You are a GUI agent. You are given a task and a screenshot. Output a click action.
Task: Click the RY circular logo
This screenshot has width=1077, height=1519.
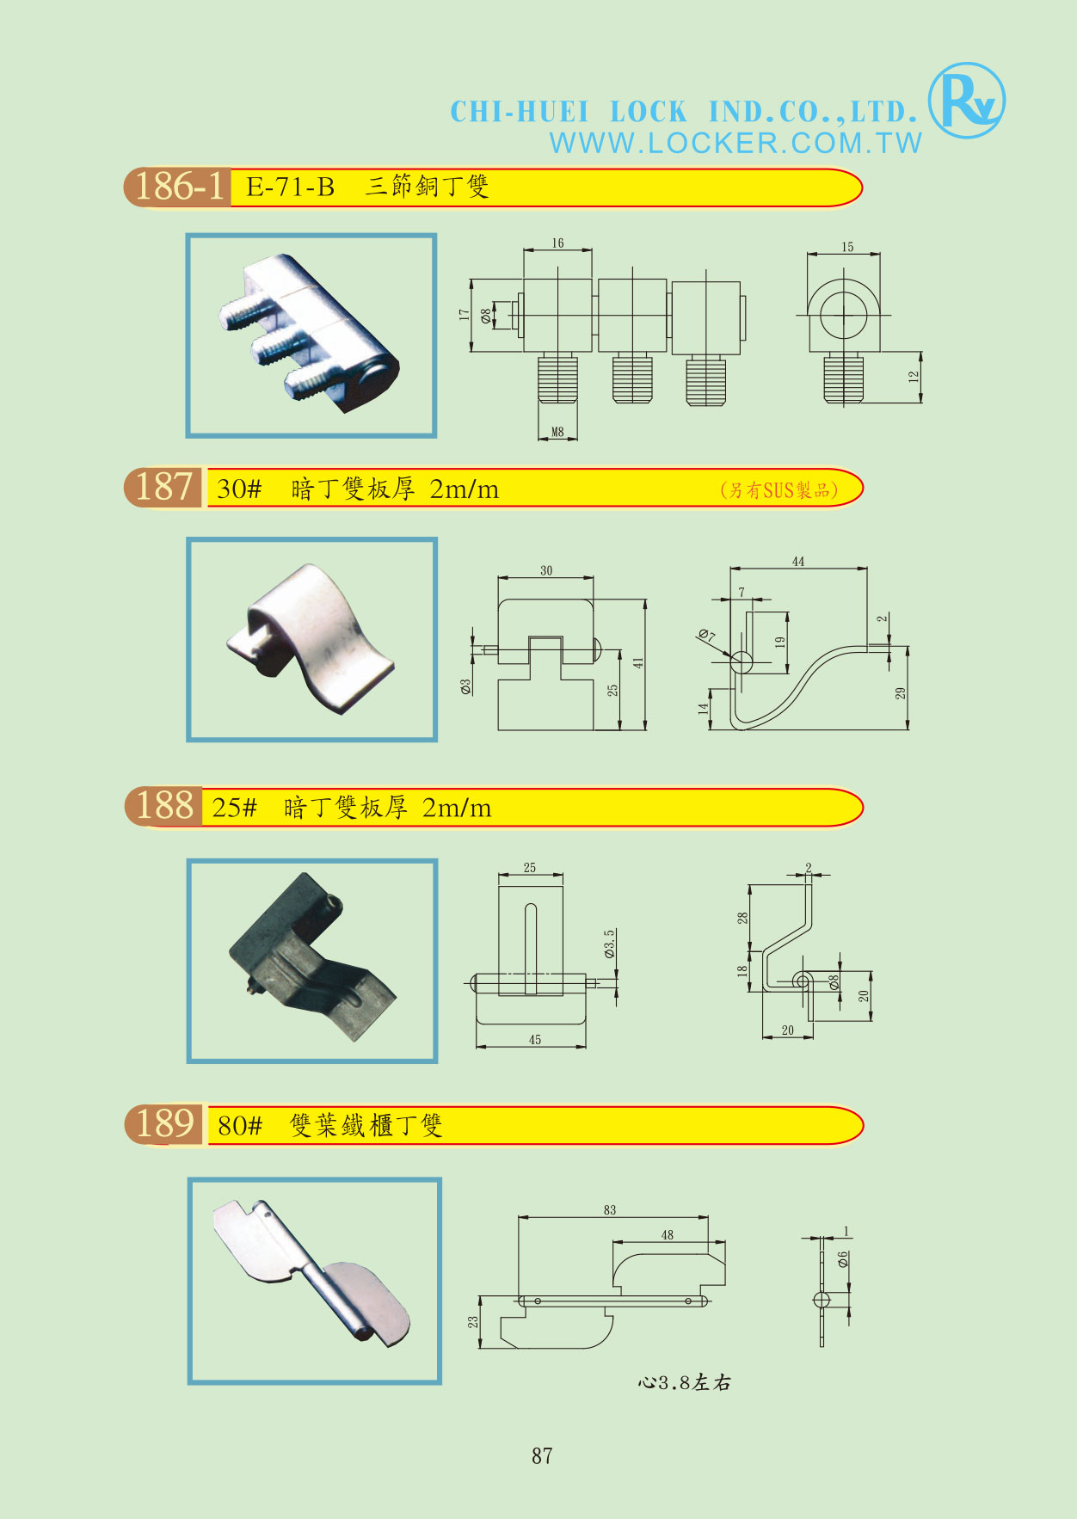pyautogui.click(x=967, y=101)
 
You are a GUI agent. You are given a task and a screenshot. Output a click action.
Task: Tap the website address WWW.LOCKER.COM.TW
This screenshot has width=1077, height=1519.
pyautogui.click(x=735, y=143)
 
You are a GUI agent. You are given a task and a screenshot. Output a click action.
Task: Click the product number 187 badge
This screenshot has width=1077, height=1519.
pyautogui.click(x=163, y=487)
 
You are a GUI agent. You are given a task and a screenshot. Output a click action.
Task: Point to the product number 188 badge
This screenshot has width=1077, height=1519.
pyautogui.click(x=163, y=806)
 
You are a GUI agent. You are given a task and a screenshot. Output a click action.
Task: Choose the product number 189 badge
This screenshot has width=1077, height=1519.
pyautogui.click(x=165, y=1124)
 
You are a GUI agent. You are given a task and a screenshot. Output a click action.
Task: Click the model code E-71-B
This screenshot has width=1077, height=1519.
pyautogui.click(x=290, y=187)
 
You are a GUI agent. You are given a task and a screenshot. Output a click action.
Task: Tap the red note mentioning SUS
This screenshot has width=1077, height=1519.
pyautogui.click(x=779, y=490)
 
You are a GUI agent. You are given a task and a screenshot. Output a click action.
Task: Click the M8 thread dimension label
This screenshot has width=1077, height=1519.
pyautogui.click(x=557, y=432)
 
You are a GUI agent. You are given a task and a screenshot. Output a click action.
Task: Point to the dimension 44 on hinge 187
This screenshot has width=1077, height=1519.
pyautogui.click(x=798, y=562)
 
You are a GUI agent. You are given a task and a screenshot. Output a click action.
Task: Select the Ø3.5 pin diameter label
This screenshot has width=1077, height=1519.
pyautogui.click(x=609, y=944)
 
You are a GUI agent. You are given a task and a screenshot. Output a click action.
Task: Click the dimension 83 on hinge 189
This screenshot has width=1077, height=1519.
pyautogui.click(x=610, y=1210)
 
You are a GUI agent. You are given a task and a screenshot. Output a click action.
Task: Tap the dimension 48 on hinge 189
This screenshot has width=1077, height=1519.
pyautogui.click(x=668, y=1235)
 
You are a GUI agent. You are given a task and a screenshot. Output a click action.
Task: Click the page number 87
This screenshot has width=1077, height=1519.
pyautogui.click(x=542, y=1455)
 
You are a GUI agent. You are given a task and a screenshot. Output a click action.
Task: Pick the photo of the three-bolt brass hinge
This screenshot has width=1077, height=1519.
pyautogui.click(x=311, y=335)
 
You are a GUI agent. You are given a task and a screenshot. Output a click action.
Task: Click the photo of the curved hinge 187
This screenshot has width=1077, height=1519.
pyautogui.click(x=311, y=639)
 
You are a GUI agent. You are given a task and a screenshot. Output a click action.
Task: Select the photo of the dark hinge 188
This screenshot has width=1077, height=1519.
pyautogui.click(x=312, y=960)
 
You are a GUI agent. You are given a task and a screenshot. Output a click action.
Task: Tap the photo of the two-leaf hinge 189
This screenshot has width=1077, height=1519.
pyautogui.click(x=314, y=1281)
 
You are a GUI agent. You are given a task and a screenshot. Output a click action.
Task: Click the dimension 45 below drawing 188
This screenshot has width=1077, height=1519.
pyautogui.click(x=535, y=1040)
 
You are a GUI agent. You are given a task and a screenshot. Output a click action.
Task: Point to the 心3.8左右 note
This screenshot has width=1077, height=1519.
pyautogui.click(x=685, y=1382)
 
